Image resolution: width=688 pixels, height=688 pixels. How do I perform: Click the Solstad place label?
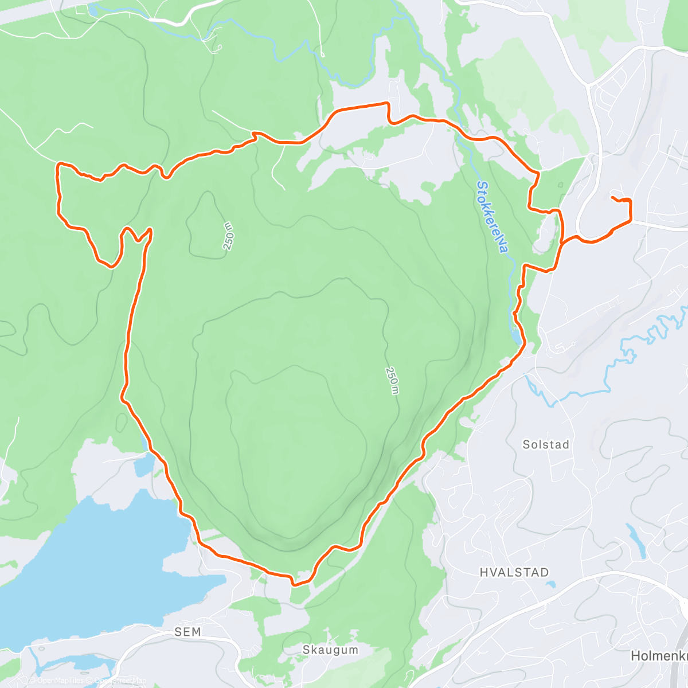[x=546, y=444]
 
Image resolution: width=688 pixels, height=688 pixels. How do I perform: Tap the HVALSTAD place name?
[x=514, y=572]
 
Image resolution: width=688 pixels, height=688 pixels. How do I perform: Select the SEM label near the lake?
[x=187, y=632]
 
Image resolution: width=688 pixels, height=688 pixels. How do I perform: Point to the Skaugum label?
[x=330, y=650]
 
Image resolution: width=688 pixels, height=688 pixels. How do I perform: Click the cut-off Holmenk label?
[x=658, y=655]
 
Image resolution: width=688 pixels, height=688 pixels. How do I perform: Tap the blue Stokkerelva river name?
[x=492, y=218]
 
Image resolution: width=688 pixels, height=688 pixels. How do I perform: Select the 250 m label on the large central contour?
[x=392, y=381]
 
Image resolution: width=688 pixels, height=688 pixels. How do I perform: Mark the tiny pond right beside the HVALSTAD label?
[x=551, y=585]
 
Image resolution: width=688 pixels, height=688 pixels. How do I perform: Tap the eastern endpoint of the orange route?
[x=613, y=198]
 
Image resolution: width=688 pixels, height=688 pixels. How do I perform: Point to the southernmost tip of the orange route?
[x=294, y=585]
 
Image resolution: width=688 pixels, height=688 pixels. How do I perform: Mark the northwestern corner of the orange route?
[x=58, y=165]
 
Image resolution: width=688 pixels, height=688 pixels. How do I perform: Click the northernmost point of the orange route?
[x=385, y=103]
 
